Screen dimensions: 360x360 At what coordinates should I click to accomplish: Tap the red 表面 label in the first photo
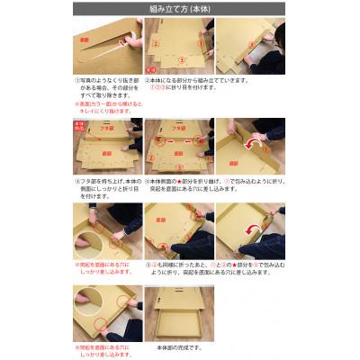[85, 40]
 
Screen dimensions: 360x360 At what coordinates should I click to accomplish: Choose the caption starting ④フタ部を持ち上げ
[105, 185]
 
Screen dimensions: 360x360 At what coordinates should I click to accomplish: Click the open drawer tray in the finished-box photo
[178, 327]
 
